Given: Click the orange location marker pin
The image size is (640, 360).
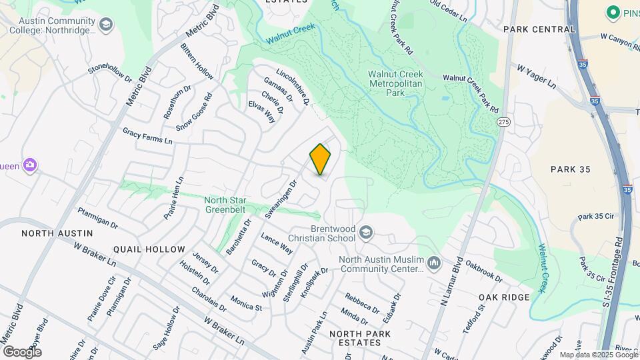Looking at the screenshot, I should [x=320, y=159].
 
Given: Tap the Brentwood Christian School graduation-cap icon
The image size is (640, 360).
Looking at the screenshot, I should [x=365, y=233].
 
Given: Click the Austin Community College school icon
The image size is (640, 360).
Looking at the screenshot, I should [x=105, y=25].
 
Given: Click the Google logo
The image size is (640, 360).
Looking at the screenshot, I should [x=22, y=351].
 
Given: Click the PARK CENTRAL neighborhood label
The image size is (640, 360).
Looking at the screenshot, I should [x=539, y=29].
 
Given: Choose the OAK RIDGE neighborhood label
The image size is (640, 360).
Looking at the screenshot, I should [x=504, y=297].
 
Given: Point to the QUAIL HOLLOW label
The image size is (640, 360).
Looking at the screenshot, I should [x=149, y=249].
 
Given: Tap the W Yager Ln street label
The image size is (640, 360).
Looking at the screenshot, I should [x=537, y=76].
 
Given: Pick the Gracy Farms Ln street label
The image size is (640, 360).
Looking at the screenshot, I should [x=147, y=137].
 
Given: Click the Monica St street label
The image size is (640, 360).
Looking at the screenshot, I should [x=245, y=303].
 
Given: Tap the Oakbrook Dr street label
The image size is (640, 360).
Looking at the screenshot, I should [x=484, y=271].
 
